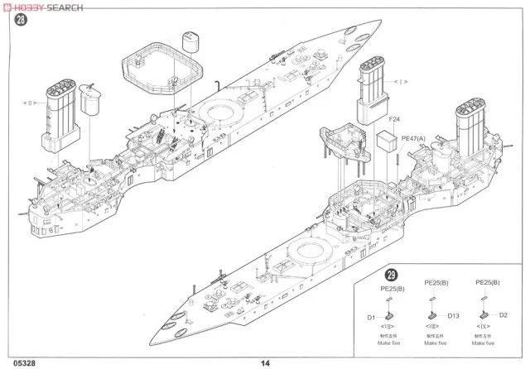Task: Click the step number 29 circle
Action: [391, 275]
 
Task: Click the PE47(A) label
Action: [412, 139]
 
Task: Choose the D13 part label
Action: [453, 314]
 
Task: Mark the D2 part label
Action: [503, 314]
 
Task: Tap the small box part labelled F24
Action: [386, 141]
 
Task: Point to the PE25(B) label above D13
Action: [436, 283]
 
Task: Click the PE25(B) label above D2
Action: [487, 283]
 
